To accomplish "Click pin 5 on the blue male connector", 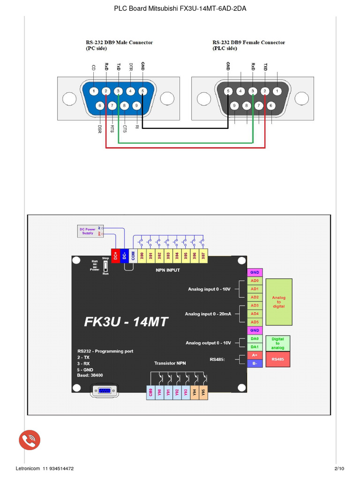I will (x=142, y=91).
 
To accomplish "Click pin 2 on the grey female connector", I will (x=265, y=91).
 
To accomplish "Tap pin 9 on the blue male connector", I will (x=136, y=106).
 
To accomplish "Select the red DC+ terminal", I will (x=115, y=255).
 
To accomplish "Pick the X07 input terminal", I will (x=203, y=255).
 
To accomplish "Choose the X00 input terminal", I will (x=142, y=255).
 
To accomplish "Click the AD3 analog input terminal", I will (x=255, y=306).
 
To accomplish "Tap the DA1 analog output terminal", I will (x=255, y=347).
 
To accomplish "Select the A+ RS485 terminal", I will (x=255, y=355).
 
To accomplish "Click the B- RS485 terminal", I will (x=255, y=363).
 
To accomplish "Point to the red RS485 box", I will (x=278, y=360).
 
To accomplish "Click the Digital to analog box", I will (x=278, y=343).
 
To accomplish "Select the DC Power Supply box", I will (x=88, y=231).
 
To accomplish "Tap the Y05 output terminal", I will (x=203, y=393).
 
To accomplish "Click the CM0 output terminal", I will (x=150, y=393).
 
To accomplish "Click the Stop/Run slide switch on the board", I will (x=105, y=266).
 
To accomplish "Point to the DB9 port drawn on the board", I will (x=104, y=391).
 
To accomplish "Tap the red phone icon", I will (x=30, y=440).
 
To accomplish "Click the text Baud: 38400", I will (x=90, y=375).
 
